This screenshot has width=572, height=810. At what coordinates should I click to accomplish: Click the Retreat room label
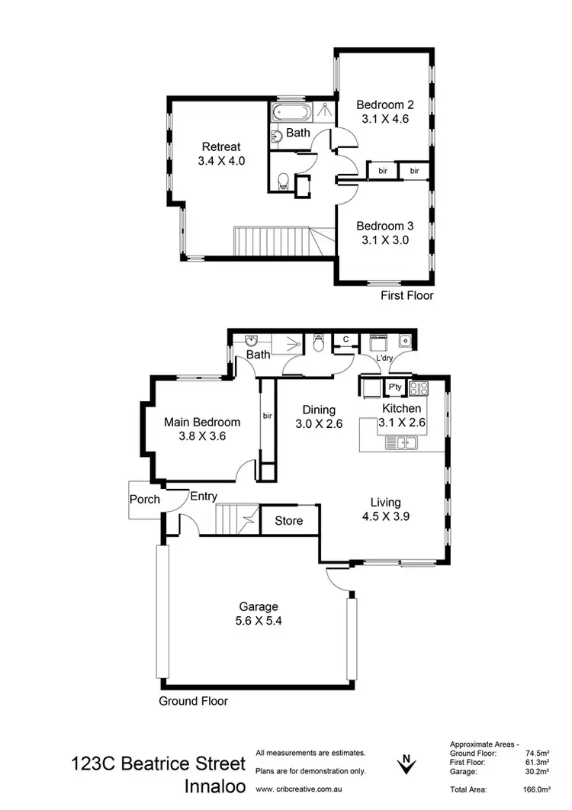[x=221, y=147]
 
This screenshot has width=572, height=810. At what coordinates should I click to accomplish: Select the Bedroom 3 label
[x=385, y=226]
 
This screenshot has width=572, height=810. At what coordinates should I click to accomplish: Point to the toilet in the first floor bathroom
[x=284, y=180]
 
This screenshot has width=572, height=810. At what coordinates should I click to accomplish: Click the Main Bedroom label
[x=202, y=422]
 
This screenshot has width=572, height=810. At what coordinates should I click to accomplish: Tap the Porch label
[x=145, y=500]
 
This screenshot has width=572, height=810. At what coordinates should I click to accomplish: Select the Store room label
[x=289, y=521]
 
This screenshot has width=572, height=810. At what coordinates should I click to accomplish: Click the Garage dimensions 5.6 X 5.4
[x=257, y=621]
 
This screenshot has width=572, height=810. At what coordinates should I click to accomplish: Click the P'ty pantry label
[x=395, y=388]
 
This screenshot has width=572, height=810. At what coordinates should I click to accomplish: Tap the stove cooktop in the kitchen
[x=419, y=388]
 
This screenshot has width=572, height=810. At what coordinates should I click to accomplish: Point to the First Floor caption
[x=407, y=295]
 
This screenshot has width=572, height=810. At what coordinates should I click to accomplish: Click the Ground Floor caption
[x=193, y=701]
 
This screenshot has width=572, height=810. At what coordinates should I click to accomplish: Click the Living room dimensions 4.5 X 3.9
[x=385, y=516]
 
